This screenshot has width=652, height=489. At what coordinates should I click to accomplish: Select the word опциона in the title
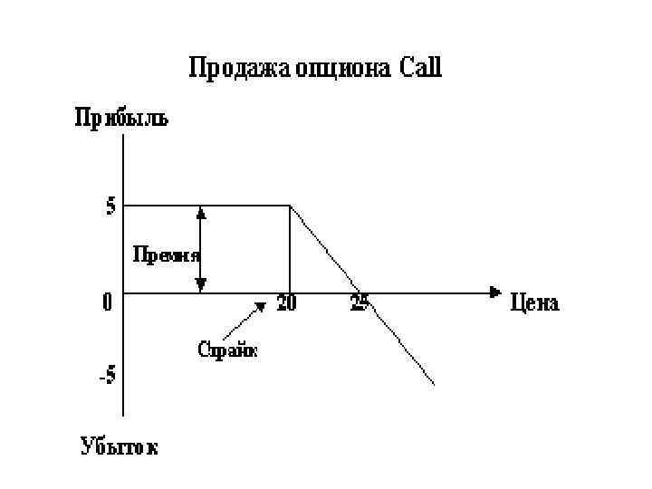pyautogui.click(x=342, y=70)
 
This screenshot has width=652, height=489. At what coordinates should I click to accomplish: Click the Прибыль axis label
pyautogui.click(x=120, y=119)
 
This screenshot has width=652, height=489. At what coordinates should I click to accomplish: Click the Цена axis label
pyautogui.click(x=535, y=302)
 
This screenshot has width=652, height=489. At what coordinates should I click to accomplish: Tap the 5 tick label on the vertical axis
pyautogui.click(x=110, y=206)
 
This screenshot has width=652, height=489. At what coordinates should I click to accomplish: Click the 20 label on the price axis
pyautogui.click(x=286, y=304)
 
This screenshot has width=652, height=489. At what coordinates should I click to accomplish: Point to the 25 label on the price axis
pyautogui.click(x=360, y=303)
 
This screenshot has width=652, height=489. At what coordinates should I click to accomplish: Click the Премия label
pyautogui.click(x=167, y=254)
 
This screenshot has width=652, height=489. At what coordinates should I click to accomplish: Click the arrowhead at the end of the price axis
pyautogui.click(x=494, y=292)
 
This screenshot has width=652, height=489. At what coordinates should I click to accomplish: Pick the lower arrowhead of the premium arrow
pyautogui.click(x=201, y=285)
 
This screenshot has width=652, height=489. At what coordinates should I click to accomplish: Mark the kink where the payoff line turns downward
pyautogui.click(x=289, y=206)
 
